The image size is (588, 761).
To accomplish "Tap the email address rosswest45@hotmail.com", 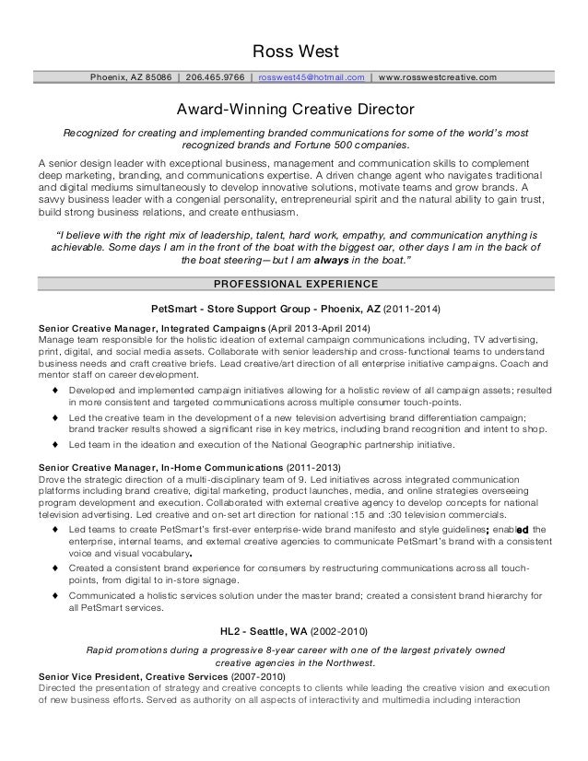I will pos(312,76).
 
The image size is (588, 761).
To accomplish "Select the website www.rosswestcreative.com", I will pos(437,76).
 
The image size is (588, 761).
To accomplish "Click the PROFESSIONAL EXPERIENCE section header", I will pos(293,283).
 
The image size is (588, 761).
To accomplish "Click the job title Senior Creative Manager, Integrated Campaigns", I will pos(150,328).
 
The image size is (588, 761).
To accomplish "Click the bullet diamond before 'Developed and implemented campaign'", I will pos(56,392).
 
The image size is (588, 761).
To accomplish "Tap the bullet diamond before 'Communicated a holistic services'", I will pos(56,595).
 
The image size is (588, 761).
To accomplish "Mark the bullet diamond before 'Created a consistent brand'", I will pos(56,569).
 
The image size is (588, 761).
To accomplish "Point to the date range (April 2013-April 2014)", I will pos(319,328).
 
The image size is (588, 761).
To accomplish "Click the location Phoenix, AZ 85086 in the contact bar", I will pos(130,76).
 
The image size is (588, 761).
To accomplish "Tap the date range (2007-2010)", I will pos(259,677).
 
